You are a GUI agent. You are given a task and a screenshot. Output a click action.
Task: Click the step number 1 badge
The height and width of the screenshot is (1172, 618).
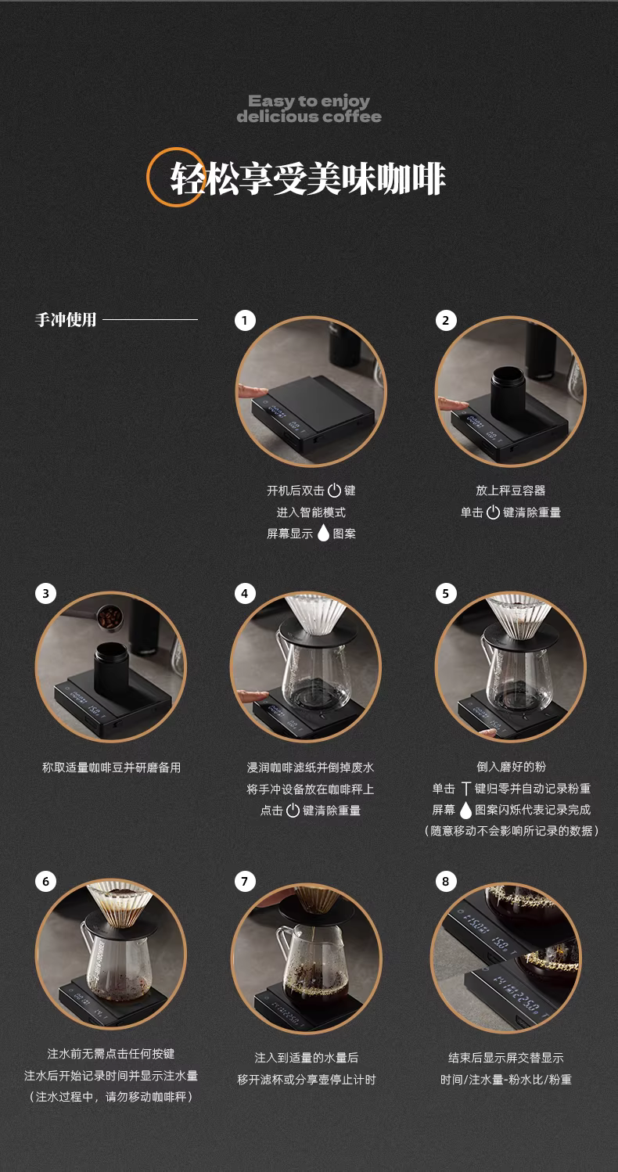click(x=245, y=320)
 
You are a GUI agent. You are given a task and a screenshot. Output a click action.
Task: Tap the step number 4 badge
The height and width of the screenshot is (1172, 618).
click(x=245, y=593)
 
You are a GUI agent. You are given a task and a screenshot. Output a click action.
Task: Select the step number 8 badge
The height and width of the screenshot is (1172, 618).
click(x=446, y=881)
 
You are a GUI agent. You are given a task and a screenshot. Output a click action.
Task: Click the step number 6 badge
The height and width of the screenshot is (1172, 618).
click(x=45, y=881)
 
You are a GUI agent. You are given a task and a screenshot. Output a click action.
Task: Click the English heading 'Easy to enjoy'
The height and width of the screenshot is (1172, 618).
click(x=309, y=100)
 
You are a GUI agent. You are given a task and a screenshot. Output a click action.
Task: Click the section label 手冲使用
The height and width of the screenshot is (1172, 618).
click(x=66, y=319)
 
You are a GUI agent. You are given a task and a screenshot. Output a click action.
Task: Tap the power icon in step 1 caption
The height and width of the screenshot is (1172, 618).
click(x=334, y=491)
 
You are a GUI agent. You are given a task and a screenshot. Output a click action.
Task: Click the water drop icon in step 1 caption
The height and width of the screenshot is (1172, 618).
click(x=323, y=533)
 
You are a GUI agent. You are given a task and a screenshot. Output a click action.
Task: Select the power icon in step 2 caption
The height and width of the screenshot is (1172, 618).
click(x=493, y=512)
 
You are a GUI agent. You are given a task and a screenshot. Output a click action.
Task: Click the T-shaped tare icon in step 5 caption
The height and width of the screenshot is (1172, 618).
click(x=465, y=789)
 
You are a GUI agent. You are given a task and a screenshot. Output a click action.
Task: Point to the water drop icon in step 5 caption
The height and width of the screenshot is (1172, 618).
click(x=465, y=811)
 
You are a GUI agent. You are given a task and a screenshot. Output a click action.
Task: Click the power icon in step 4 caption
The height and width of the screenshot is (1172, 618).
click(x=293, y=810)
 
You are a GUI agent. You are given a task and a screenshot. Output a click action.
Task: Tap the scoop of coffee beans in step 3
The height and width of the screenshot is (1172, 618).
click(x=109, y=617)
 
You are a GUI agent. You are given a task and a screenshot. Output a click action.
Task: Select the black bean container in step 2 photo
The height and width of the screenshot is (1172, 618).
click(x=508, y=386)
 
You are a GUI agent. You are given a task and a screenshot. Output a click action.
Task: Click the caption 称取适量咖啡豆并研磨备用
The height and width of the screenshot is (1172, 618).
click(x=111, y=768)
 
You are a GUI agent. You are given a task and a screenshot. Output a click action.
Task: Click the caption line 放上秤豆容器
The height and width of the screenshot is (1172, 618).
click(x=511, y=491)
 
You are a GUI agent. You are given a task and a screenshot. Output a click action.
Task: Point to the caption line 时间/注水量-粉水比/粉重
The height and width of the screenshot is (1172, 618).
click(x=506, y=1080)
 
